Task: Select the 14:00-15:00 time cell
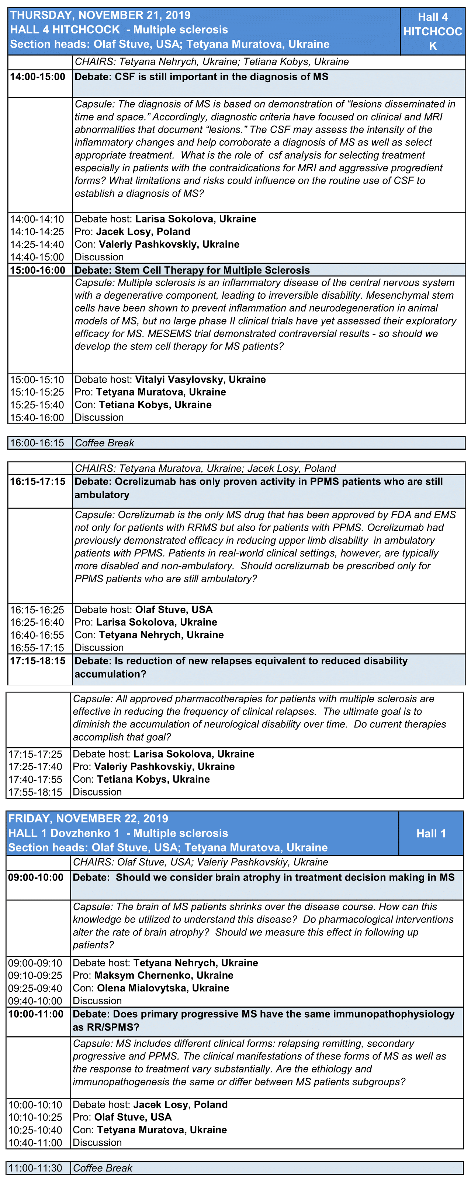pos(38,77)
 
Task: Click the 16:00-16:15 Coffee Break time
pos(37,443)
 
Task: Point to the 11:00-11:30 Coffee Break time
pos(35,1167)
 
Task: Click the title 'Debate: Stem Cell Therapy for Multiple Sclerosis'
pos(192,270)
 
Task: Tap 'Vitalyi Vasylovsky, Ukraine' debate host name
pos(200,379)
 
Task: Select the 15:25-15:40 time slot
pos(37,405)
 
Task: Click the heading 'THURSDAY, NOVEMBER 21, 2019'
pos(100,15)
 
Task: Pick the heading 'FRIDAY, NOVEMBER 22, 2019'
pos(88,819)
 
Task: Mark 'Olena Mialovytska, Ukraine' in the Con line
pos(163,988)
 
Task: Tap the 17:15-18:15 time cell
pos(38,661)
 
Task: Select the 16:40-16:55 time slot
pos(37,635)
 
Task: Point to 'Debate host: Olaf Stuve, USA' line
pos(143,610)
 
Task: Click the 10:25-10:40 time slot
pos(35,1130)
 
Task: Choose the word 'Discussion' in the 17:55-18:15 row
pos(97,792)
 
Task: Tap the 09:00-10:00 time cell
pos(36,877)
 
